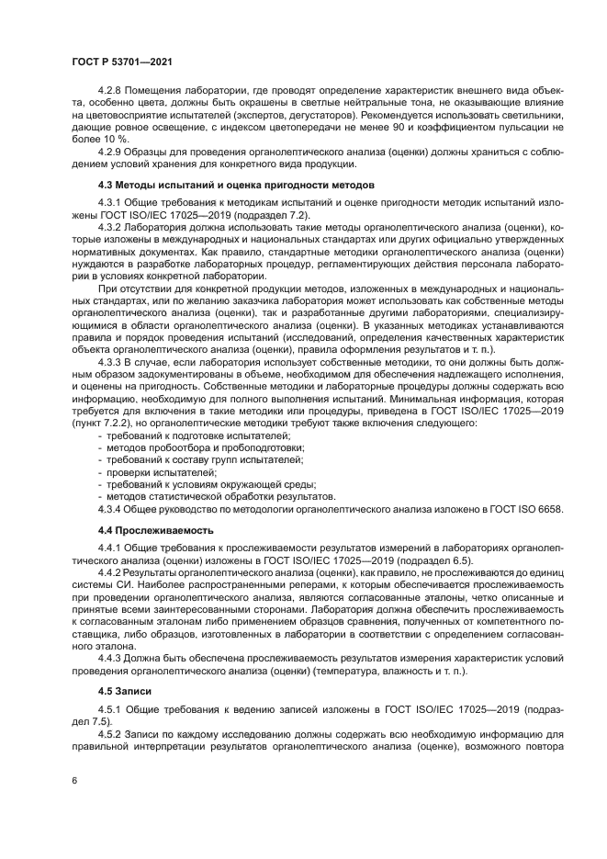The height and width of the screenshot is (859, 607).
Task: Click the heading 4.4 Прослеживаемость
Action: click(155, 530)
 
